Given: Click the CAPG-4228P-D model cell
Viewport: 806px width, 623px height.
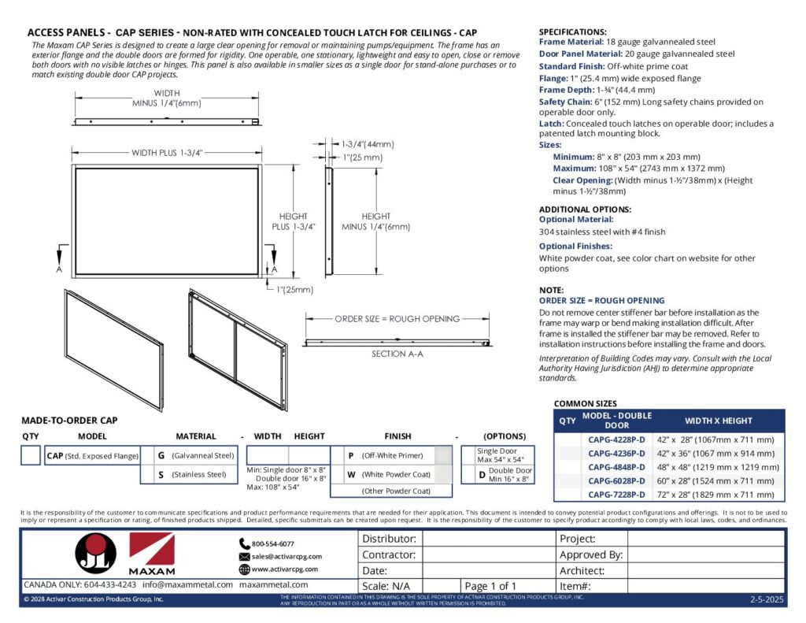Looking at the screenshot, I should [616, 439].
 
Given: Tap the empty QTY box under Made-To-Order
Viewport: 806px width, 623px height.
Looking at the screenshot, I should [31, 455].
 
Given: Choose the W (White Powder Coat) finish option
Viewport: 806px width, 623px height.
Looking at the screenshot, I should [390, 474].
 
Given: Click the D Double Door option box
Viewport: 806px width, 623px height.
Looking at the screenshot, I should [505, 474].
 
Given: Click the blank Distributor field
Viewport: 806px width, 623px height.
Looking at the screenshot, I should [487, 540].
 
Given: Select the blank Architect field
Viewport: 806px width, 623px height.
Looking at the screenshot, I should [705, 571].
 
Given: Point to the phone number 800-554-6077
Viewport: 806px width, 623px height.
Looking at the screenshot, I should [272, 543].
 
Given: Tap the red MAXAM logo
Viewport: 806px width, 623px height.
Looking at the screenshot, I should [151, 553].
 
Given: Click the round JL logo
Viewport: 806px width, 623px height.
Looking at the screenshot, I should [97, 554].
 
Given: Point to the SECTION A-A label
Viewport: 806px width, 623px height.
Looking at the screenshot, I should [397, 354].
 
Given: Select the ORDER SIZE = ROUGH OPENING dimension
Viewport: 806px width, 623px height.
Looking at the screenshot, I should [397, 319].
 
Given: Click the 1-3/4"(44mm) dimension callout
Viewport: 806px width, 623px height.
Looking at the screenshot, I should [367, 144].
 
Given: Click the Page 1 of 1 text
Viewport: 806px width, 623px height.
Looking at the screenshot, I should [490, 586].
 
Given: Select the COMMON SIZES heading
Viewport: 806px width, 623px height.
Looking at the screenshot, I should [586, 403].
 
